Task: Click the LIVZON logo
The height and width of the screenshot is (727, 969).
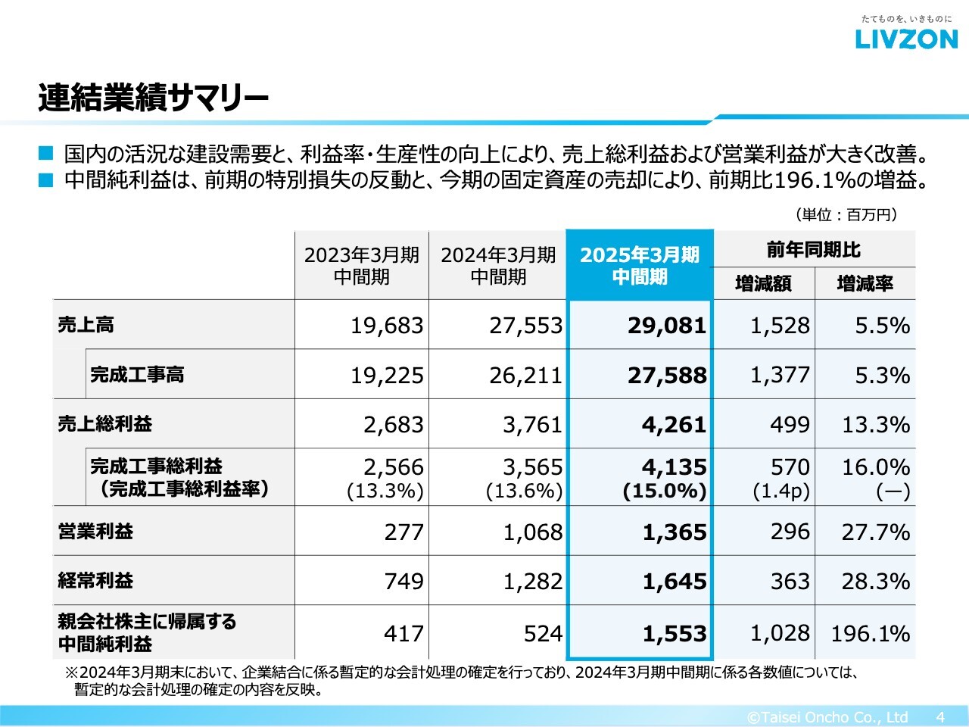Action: (x=906, y=39)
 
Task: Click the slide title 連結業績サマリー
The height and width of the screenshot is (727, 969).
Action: (x=153, y=98)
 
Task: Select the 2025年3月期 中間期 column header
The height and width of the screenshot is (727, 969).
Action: (x=640, y=266)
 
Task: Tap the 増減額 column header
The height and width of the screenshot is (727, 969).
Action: (x=763, y=284)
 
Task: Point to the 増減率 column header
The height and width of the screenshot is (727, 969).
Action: (x=865, y=284)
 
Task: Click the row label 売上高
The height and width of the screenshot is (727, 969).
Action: (x=86, y=325)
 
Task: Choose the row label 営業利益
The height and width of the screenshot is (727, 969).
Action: (x=95, y=531)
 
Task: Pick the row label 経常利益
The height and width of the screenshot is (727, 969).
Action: (x=95, y=581)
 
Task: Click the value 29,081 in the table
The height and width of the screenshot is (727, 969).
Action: (x=666, y=326)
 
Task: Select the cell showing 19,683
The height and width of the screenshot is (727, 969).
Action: (x=387, y=326)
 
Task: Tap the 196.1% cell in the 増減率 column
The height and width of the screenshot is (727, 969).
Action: (x=870, y=633)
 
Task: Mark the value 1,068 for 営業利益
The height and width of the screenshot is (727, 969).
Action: (x=533, y=532)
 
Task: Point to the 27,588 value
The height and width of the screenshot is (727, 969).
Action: (x=666, y=376)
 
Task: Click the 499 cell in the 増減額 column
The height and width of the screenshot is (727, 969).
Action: (x=790, y=425)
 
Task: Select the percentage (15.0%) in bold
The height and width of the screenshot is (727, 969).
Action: (x=665, y=491)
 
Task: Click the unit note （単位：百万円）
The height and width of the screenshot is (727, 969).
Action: (x=846, y=215)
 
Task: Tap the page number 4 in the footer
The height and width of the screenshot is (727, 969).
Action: (x=940, y=716)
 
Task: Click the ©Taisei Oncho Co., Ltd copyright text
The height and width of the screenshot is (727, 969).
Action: (x=827, y=716)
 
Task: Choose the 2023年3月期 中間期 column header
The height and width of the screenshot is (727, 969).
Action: (x=361, y=266)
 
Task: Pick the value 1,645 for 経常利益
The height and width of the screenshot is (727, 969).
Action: (x=675, y=582)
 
